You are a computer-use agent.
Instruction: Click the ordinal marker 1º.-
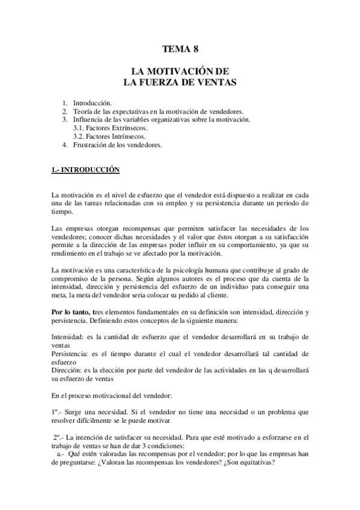click(58, 412)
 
